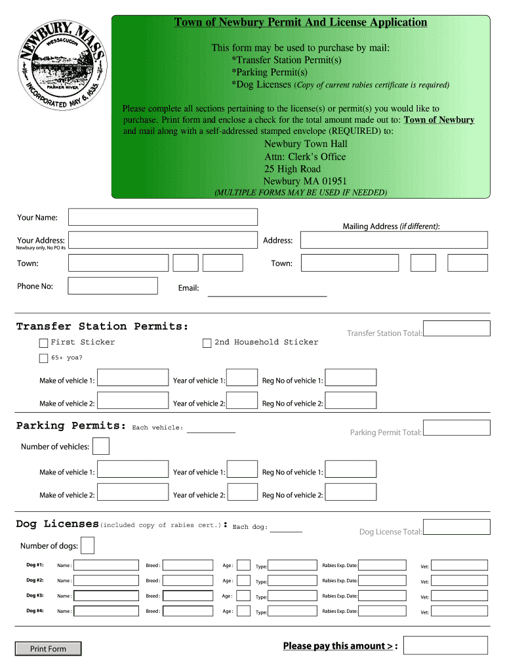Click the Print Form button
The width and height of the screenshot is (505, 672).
click(x=49, y=648)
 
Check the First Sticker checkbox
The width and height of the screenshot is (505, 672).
click(x=43, y=343)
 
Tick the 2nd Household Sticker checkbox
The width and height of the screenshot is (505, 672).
click(x=207, y=343)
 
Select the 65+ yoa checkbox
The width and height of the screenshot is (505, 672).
click(x=43, y=358)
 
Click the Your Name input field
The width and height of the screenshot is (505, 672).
click(x=163, y=217)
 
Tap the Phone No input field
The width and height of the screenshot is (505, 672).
click(x=113, y=285)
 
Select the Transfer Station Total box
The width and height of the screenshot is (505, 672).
click(x=456, y=328)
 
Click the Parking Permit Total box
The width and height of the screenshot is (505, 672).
click(x=456, y=428)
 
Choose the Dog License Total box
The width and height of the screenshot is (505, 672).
click(x=456, y=527)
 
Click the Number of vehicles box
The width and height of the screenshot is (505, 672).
click(x=101, y=446)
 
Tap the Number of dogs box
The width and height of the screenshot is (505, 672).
click(x=87, y=545)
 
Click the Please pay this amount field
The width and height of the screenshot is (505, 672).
click(x=446, y=645)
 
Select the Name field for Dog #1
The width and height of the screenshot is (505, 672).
click(x=106, y=565)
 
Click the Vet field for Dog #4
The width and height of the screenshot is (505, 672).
click(x=459, y=611)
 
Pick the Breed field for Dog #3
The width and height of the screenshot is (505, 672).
click(x=188, y=596)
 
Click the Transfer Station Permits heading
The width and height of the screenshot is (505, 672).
click(x=102, y=326)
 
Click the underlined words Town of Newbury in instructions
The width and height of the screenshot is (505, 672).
click(x=439, y=120)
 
